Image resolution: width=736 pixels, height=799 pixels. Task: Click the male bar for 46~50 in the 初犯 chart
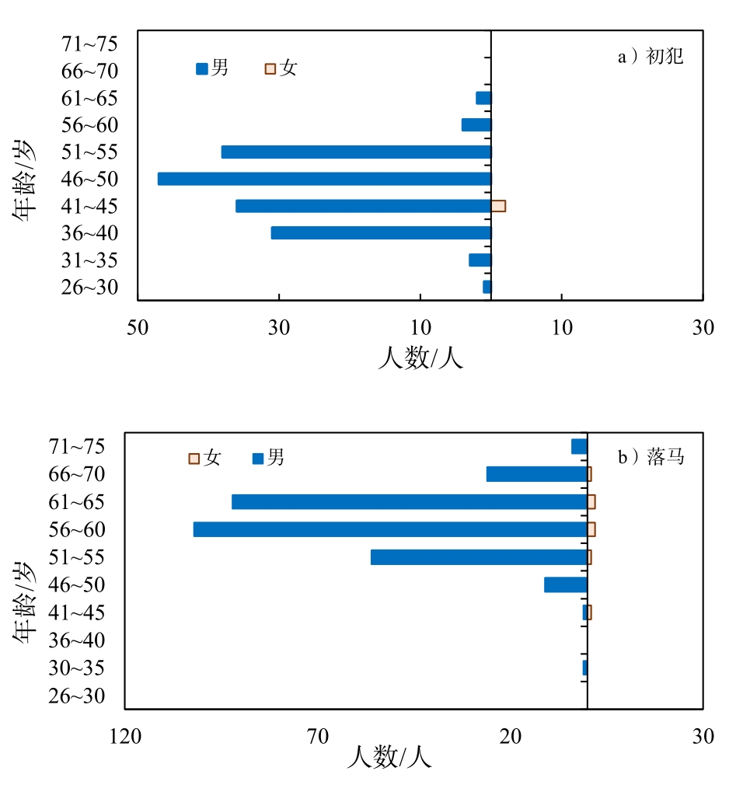pyautogui.click(x=324, y=179)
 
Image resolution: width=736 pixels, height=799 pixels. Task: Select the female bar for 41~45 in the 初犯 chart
pyautogui.click(x=498, y=206)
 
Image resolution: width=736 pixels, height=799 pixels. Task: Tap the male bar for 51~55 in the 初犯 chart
pyautogui.click(x=356, y=152)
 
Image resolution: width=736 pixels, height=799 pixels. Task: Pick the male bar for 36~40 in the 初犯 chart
pyautogui.click(x=381, y=233)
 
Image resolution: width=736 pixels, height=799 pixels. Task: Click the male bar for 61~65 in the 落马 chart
pyautogui.click(x=409, y=501)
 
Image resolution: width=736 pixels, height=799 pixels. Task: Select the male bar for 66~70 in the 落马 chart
pyautogui.click(x=536, y=474)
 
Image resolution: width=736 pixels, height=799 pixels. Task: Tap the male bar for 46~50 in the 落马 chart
pyautogui.click(x=565, y=584)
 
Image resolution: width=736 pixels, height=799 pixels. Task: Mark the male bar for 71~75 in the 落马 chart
pyautogui.click(x=579, y=446)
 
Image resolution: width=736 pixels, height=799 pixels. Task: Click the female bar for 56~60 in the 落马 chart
pyautogui.click(x=591, y=529)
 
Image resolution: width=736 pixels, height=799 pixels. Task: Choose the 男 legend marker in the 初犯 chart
pyautogui.click(x=202, y=68)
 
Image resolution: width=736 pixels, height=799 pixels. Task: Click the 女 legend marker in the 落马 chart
pyautogui.click(x=194, y=459)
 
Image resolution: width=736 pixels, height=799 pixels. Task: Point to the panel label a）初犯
pyautogui.click(x=650, y=57)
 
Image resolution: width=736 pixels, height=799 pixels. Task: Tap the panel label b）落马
pyautogui.click(x=651, y=457)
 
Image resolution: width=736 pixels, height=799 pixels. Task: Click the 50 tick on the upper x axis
pyautogui.click(x=138, y=328)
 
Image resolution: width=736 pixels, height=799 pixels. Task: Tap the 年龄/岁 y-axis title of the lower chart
pyautogui.click(x=25, y=602)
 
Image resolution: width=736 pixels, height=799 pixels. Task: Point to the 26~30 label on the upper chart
pyautogui.click(x=89, y=288)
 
